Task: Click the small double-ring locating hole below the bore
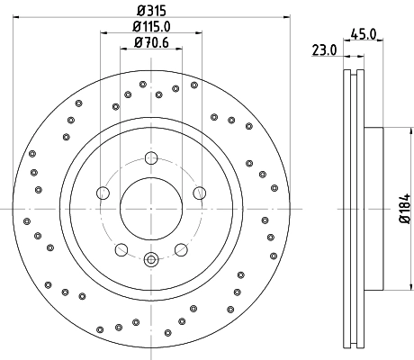click(151, 261)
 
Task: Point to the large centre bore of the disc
click(151, 209)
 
